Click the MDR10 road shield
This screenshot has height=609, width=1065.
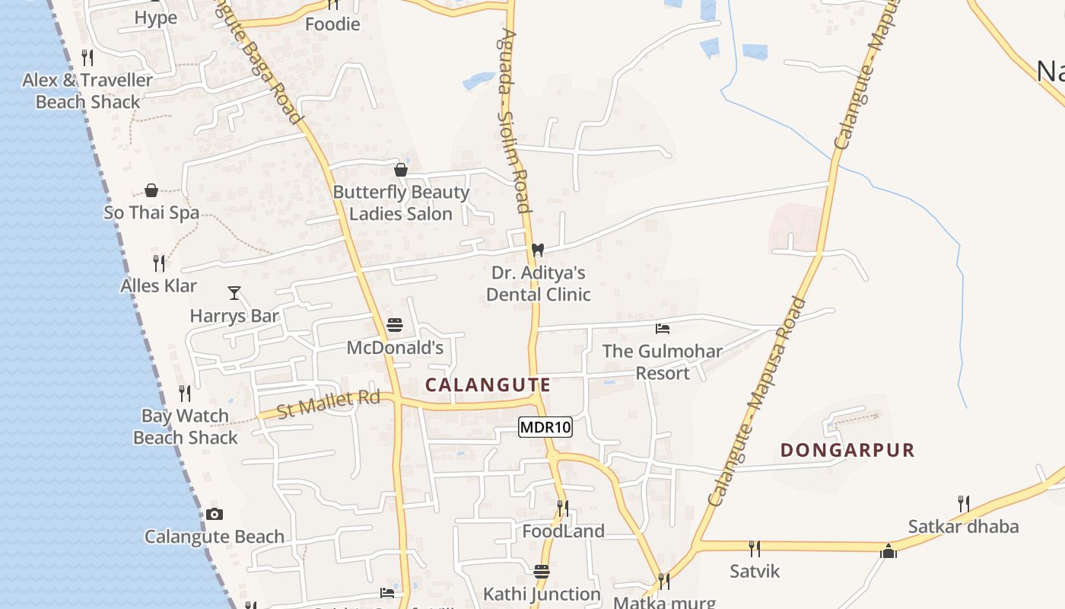click(545, 427)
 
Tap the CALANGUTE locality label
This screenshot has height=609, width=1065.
click(488, 385)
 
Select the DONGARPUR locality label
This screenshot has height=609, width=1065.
click(847, 450)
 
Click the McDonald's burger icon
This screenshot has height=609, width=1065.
click(394, 326)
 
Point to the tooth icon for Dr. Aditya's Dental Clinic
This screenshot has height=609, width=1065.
click(538, 250)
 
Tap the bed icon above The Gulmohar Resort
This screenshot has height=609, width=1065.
click(663, 329)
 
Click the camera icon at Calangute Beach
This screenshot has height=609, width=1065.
click(215, 515)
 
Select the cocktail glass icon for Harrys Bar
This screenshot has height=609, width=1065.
click(234, 292)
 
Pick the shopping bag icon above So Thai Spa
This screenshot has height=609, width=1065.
click(151, 190)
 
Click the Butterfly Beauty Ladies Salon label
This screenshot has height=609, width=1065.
click(401, 203)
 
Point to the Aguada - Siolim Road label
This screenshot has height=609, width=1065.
click(513, 122)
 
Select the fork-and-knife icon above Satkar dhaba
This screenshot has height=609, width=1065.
click(963, 503)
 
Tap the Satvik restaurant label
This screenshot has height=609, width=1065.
click(755, 570)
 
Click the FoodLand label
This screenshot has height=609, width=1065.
click(563, 531)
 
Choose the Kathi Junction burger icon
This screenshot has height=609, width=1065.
click(542, 571)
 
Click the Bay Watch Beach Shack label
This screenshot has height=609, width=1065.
click(186, 426)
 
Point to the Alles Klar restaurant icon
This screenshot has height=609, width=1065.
click(159, 263)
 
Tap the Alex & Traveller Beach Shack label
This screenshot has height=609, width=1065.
click(87, 91)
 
